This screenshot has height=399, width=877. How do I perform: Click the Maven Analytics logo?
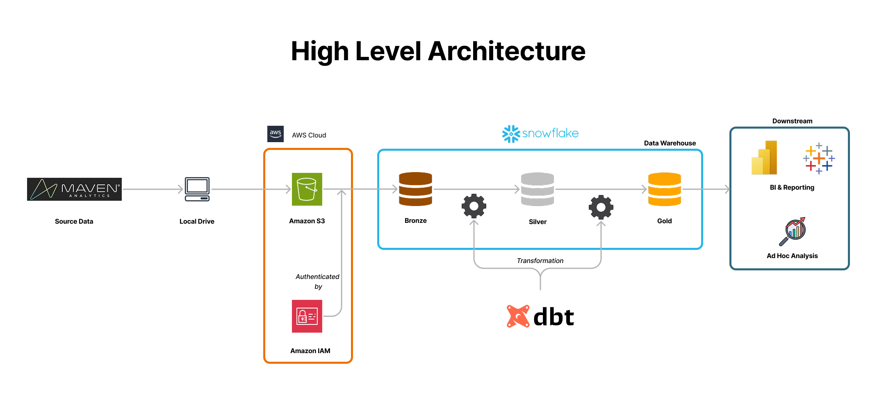point(74,189)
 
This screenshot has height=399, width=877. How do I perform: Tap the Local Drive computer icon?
point(197,189)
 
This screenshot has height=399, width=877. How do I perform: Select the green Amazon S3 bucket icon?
point(307,189)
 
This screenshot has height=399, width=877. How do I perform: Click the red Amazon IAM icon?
point(307,316)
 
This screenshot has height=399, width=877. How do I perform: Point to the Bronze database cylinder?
point(415,189)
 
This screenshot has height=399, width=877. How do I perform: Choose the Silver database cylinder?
point(537,189)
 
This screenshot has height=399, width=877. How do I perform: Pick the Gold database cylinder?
point(664,189)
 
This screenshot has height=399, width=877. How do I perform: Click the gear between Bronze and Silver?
point(474,206)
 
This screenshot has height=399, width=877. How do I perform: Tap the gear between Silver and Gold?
point(601,207)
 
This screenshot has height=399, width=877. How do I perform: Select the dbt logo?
point(540,317)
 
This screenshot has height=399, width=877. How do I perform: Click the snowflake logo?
point(540,134)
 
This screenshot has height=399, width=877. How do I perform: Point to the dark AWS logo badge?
point(275,134)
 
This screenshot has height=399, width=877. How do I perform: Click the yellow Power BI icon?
point(765,158)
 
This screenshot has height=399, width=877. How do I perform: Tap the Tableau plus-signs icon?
point(819,159)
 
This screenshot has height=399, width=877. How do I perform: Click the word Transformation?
point(540,261)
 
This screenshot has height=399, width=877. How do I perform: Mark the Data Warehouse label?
point(670,143)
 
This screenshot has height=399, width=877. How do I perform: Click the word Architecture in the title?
point(507,52)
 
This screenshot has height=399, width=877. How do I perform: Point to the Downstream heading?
point(792,121)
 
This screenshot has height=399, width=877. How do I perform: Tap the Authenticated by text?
point(317,281)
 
